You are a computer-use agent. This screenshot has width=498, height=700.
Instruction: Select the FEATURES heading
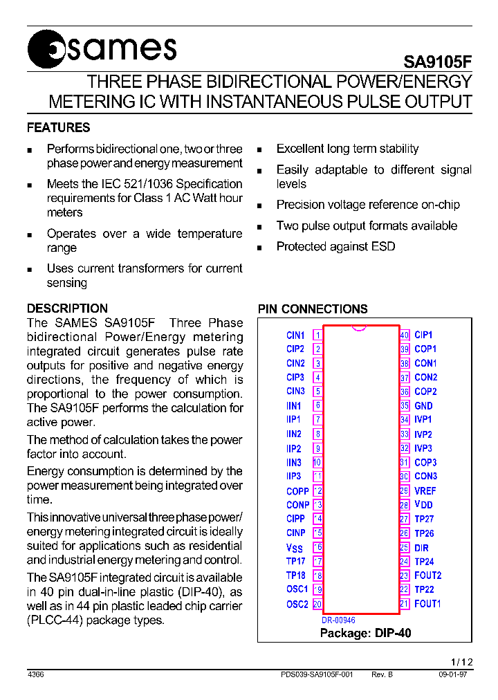point(58,128)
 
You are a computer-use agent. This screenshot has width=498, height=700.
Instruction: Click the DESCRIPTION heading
point(67,308)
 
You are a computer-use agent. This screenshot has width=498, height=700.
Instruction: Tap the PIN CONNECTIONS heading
point(313,309)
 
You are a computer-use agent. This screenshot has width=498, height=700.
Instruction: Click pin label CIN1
point(295,335)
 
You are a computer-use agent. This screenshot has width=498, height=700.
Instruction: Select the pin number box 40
point(405,335)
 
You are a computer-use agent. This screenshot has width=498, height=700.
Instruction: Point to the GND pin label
point(423,406)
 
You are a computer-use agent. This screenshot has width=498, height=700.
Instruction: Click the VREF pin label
point(425,491)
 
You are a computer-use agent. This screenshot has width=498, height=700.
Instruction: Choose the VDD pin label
point(423,505)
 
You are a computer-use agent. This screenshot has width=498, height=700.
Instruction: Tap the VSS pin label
point(295,548)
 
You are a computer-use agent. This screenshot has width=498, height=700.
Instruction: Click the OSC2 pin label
point(297,604)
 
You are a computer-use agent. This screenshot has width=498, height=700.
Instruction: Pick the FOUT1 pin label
point(427,604)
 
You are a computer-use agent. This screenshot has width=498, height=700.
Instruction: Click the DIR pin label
point(421,548)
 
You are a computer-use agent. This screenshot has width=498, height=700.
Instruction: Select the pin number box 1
point(317,335)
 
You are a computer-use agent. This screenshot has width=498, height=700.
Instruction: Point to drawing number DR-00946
point(338,620)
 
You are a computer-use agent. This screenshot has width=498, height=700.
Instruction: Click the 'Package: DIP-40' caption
point(365,633)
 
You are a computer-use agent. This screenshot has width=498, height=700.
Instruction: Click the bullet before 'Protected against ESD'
point(259,248)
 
